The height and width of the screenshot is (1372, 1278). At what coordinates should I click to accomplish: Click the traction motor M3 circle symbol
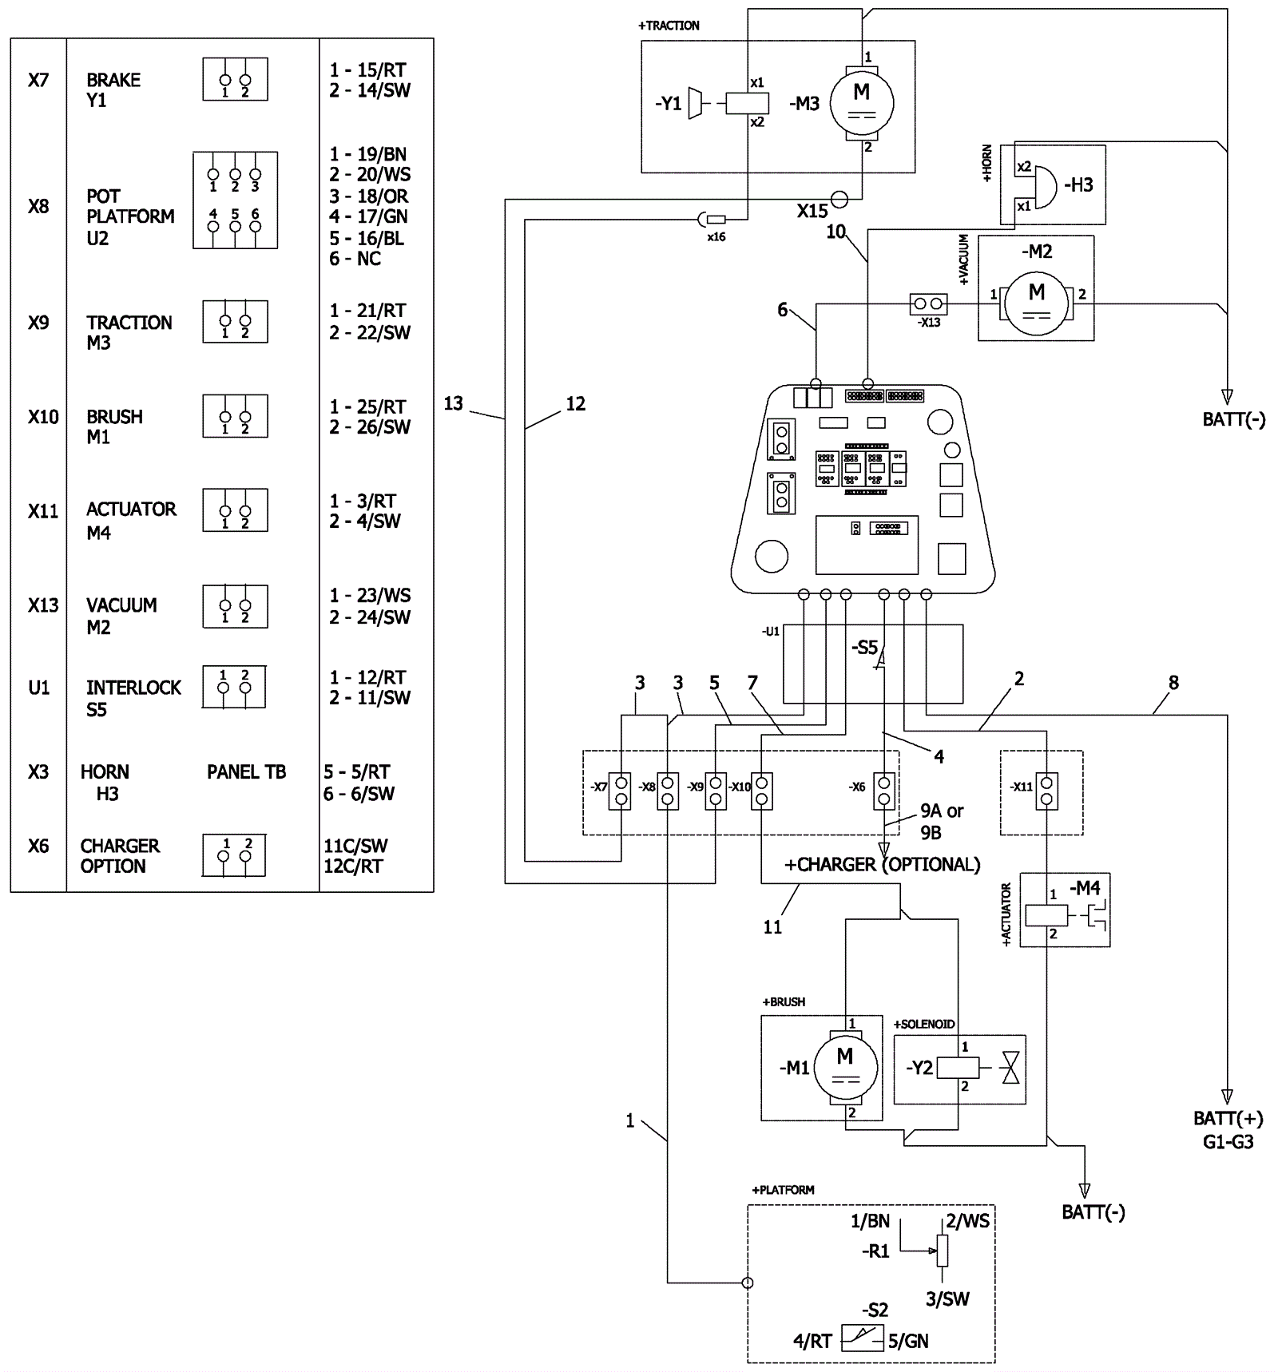coord(861,103)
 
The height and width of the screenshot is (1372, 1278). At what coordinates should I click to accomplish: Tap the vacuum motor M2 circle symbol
coord(1036,302)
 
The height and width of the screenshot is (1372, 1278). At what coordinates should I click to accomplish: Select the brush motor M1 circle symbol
coord(845,1067)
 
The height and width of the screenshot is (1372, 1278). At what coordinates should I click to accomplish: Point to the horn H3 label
coord(1078,184)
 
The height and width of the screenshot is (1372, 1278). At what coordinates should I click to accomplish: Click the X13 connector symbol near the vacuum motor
coord(928,303)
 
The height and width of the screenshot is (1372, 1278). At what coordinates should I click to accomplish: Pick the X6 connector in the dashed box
coord(883,791)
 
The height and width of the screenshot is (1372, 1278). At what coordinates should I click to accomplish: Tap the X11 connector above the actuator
coord(1046,791)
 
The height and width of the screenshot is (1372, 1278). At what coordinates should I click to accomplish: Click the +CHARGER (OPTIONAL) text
coord(882,864)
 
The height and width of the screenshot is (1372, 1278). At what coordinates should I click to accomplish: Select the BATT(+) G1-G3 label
coord(1228,1129)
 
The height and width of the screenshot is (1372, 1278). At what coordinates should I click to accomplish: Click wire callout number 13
coord(453,403)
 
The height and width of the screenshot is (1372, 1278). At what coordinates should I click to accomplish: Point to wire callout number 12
coord(575,404)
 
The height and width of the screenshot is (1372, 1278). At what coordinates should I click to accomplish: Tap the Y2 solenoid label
coord(919,1068)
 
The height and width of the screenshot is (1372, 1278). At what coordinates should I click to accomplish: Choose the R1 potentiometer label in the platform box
coord(875,1251)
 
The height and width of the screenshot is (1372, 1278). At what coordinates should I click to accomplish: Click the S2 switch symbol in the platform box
coord(863,1338)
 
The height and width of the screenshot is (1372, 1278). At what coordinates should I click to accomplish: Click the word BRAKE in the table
coord(113,80)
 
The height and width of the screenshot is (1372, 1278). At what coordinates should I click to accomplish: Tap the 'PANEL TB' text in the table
coord(246,771)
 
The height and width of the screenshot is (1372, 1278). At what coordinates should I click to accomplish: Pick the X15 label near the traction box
coord(812,211)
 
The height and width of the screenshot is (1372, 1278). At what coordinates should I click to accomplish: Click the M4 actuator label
coord(1086,887)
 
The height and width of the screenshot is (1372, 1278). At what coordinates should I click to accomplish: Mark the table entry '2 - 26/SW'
coord(370,427)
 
